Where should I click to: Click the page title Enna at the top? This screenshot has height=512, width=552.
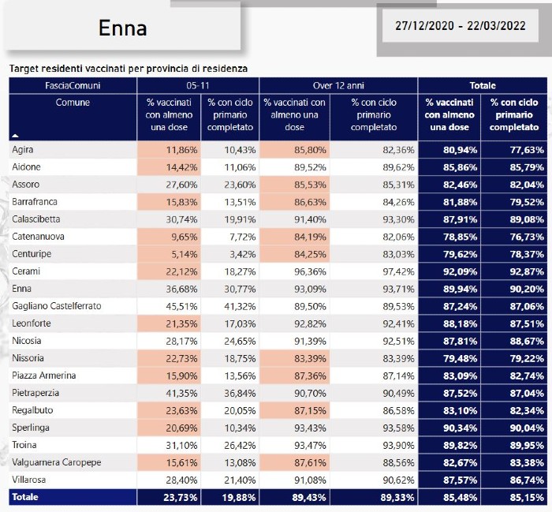(x=122, y=28)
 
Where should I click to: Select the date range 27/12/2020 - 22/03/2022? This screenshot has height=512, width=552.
(x=460, y=26)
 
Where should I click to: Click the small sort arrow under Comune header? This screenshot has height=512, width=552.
(x=15, y=136)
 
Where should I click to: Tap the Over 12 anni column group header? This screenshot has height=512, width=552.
(x=338, y=85)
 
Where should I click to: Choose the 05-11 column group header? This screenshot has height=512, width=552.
(x=198, y=85)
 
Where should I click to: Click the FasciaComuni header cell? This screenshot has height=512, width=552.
(x=73, y=85)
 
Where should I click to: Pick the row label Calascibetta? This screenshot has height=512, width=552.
(x=36, y=219)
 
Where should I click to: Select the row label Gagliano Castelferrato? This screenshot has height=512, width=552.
(x=57, y=306)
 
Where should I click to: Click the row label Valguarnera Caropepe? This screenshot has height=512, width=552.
(x=57, y=462)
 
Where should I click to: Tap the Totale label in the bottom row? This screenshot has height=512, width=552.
(x=25, y=497)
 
